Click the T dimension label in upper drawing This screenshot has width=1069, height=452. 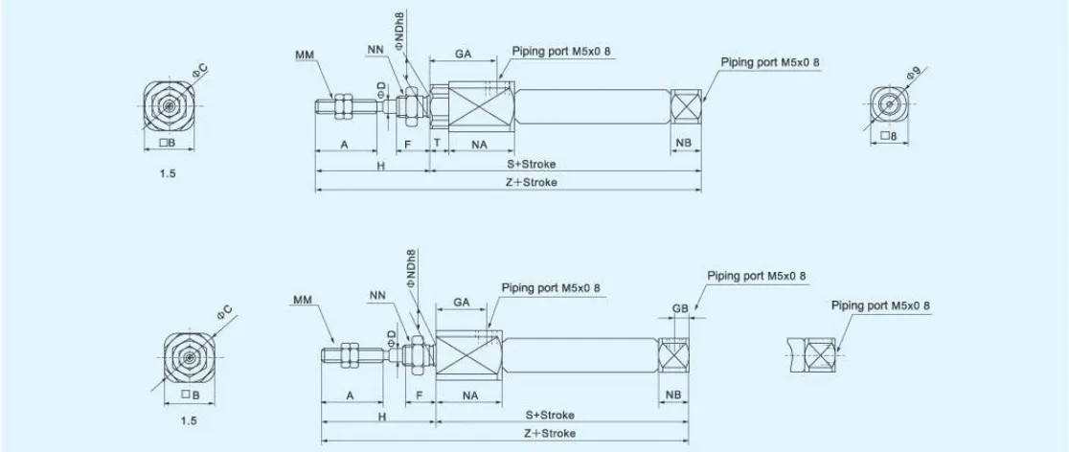coord(437,144)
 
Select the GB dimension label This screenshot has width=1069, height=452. coord(680,308)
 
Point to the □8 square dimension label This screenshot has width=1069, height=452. coord(888,136)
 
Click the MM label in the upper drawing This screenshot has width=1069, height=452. coord(304,54)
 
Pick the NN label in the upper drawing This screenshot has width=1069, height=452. coord(375,49)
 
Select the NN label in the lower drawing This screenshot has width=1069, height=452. coord(377,295)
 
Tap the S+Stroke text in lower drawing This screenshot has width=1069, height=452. coord(550,415)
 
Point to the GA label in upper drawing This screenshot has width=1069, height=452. coord(464,53)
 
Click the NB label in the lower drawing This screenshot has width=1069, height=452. coord(672,395)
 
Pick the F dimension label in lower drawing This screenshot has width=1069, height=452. coord(420,395)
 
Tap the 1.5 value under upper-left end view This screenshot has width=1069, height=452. coord(167,173)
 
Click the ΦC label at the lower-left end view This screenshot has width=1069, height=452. coord(225,313)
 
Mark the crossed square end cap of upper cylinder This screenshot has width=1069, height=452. coord(686,105)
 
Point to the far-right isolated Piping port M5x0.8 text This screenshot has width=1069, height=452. coord(880,305)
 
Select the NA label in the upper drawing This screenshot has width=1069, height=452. coord(479,144)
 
